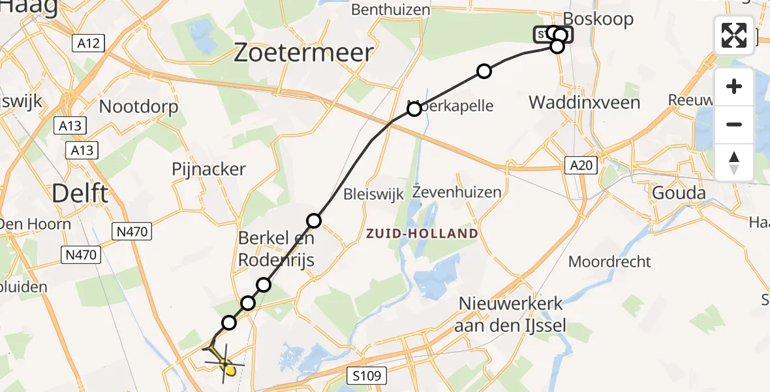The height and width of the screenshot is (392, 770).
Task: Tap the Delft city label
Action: pos(80,193)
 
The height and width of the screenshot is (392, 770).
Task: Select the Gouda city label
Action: pos(679,193)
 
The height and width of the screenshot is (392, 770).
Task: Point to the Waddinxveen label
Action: pos(584,103)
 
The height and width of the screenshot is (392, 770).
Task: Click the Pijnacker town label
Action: pos(209,169)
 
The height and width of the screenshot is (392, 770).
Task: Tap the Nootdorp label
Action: pos(138,106)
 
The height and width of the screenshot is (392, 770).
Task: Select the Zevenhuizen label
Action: pos(457,192)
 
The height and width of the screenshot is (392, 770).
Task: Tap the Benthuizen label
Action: pos(391,10)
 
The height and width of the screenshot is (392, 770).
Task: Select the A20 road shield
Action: pos(580,166)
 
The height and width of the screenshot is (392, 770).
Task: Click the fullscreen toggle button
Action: pos(734,35)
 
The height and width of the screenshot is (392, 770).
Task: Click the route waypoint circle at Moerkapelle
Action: pos(414,109)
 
